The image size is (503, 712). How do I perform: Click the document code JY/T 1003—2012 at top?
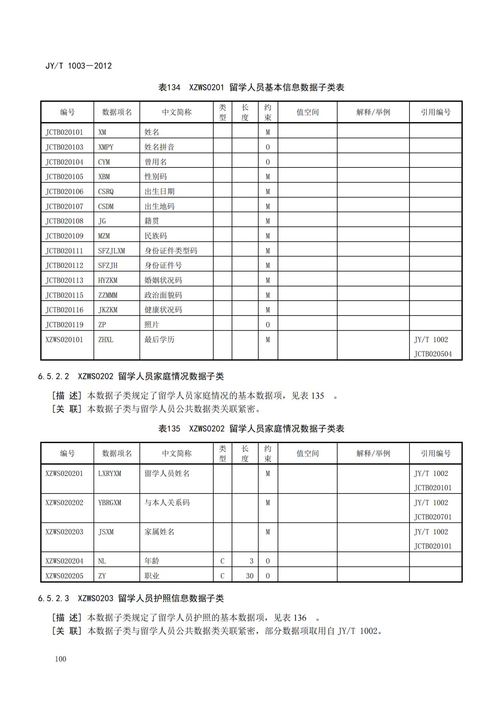tap(79, 66)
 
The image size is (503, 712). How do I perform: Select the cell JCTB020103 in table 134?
tap(64, 147)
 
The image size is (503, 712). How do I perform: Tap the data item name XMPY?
tap(106, 147)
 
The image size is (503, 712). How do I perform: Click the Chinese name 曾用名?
tap(156, 162)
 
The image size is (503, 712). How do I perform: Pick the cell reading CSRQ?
tap(106, 191)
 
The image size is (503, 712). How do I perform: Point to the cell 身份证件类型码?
tap(171, 251)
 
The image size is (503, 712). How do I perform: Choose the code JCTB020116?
tap(64, 310)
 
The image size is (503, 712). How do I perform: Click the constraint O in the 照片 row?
tap(268, 325)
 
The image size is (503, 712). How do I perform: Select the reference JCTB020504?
tap(433, 354)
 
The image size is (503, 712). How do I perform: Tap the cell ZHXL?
tap(106, 339)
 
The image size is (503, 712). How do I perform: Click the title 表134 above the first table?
tap(169, 88)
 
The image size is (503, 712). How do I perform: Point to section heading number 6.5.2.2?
tap(54, 376)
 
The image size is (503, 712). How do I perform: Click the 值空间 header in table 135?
tap(307, 453)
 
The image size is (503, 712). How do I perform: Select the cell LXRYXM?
tap(109, 473)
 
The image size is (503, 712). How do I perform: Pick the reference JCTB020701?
tap(433, 517)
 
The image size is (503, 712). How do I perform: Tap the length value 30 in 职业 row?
tap(249, 576)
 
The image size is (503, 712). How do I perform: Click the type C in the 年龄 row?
tap(222, 561)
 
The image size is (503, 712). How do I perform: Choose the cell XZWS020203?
tap(64, 532)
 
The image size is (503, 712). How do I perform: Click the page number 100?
tap(60, 659)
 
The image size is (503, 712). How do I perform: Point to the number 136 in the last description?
tap(300, 618)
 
